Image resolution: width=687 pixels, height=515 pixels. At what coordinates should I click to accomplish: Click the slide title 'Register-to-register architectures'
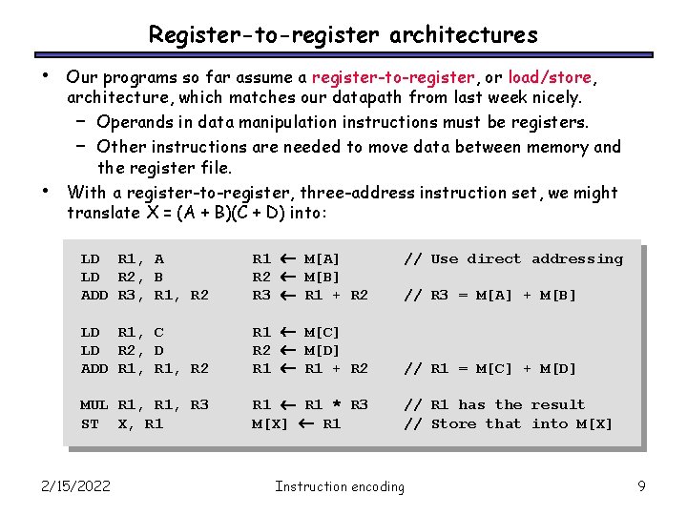click(343, 35)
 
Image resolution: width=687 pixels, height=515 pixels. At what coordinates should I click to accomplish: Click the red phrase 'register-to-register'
click(392, 77)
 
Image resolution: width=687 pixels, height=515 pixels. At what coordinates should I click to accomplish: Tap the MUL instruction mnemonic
click(94, 404)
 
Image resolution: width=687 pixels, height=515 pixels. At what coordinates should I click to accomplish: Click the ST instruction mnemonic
click(90, 423)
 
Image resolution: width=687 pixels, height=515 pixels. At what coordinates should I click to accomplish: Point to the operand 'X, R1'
click(140, 423)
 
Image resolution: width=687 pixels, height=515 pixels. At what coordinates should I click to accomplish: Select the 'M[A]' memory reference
click(322, 258)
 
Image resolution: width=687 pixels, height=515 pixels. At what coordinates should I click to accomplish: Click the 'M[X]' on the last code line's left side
click(270, 423)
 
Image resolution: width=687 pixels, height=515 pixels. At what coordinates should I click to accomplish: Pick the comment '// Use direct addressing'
click(513, 258)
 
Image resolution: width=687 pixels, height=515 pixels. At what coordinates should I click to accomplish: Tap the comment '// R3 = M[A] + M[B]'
click(490, 295)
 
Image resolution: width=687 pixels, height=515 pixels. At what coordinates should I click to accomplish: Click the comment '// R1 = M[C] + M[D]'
click(490, 368)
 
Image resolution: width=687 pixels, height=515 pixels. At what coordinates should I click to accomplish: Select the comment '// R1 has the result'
click(494, 404)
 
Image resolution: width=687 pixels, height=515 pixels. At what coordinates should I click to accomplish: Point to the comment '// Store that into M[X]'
click(509, 423)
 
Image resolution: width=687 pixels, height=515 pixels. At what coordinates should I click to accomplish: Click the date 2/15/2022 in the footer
click(76, 486)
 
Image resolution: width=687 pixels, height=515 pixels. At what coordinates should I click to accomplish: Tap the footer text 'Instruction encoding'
click(340, 486)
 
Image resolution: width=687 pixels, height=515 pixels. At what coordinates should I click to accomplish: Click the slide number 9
click(642, 486)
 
